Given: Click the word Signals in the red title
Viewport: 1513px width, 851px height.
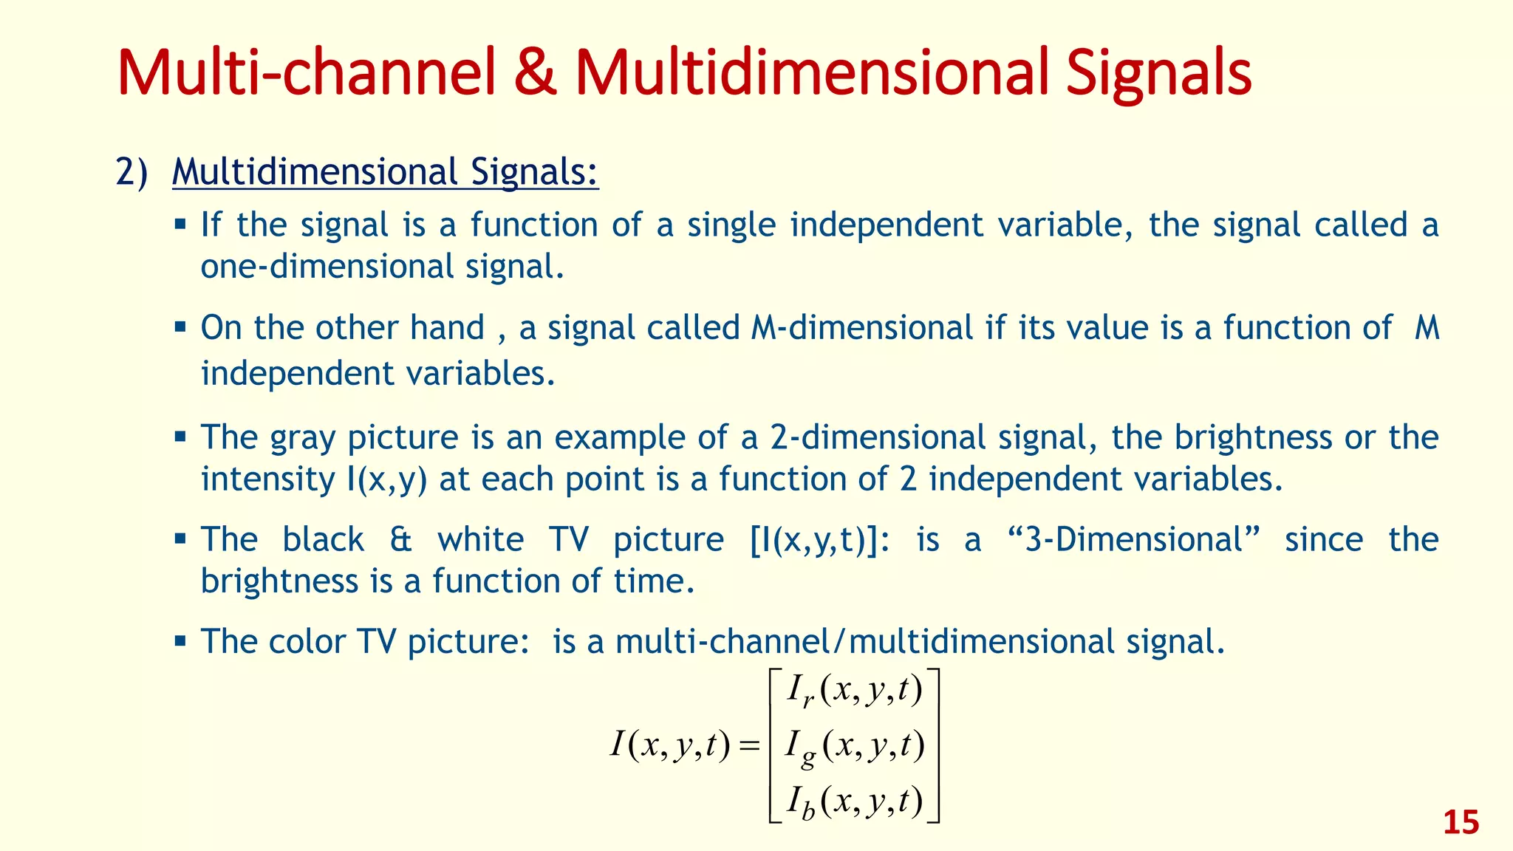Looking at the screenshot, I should pos(1158,74).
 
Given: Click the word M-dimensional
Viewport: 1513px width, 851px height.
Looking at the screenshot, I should pos(861,329).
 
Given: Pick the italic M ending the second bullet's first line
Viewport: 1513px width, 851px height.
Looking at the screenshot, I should pos(1427,329).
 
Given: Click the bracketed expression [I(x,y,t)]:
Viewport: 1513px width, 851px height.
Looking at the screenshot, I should pos(820,540).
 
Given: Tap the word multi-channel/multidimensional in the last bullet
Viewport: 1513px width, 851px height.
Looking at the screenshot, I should pos(864,642).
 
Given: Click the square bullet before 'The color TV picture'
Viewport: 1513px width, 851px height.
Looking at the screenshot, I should pos(180,640).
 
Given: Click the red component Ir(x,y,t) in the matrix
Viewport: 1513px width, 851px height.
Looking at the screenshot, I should pos(854,691).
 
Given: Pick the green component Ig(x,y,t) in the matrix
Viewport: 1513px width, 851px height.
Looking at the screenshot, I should pos(854,747).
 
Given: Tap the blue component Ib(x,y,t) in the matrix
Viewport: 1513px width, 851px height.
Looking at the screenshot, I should pos(854,802).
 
